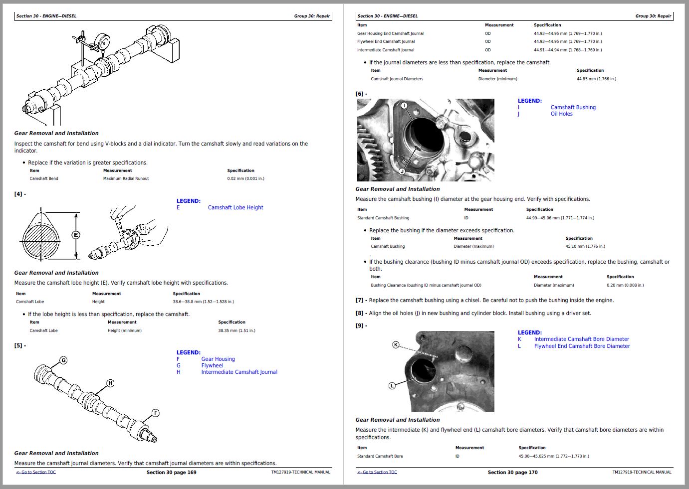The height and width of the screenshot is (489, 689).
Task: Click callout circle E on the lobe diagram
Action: click(x=76, y=235)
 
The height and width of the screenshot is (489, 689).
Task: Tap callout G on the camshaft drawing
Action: click(x=63, y=360)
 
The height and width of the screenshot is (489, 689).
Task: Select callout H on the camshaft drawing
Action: click(x=110, y=383)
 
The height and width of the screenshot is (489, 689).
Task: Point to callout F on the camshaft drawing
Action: click(x=156, y=413)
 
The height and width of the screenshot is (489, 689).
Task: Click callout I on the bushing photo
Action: click(x=404, y=106)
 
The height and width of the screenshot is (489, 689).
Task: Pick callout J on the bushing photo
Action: click(x=402, y=171)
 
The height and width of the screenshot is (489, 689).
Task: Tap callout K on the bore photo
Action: click(x=396, y=344)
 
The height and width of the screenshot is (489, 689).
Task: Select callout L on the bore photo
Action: click(x=392, y=385)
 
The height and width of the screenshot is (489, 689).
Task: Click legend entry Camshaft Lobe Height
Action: click(x=235, y=208)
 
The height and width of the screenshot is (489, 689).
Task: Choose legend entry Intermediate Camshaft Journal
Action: click(x=239, y=372)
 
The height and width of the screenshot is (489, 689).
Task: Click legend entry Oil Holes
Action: click(x=561, y=114)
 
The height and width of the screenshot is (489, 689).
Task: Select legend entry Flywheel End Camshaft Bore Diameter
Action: click(x=582, y=346)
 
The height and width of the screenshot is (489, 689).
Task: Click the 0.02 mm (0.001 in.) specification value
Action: click(x=245, y=178)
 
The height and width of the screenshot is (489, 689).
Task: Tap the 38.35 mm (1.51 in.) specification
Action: click(x=236, y=330)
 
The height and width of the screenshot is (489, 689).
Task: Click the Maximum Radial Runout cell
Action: click(x=126, y=178)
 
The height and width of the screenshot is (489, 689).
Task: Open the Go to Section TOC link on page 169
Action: click(x=36, y=472)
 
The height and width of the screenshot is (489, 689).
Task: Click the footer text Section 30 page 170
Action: click(x=512, y=473)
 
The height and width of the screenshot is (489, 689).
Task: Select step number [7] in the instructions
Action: click(x=359, y=301)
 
